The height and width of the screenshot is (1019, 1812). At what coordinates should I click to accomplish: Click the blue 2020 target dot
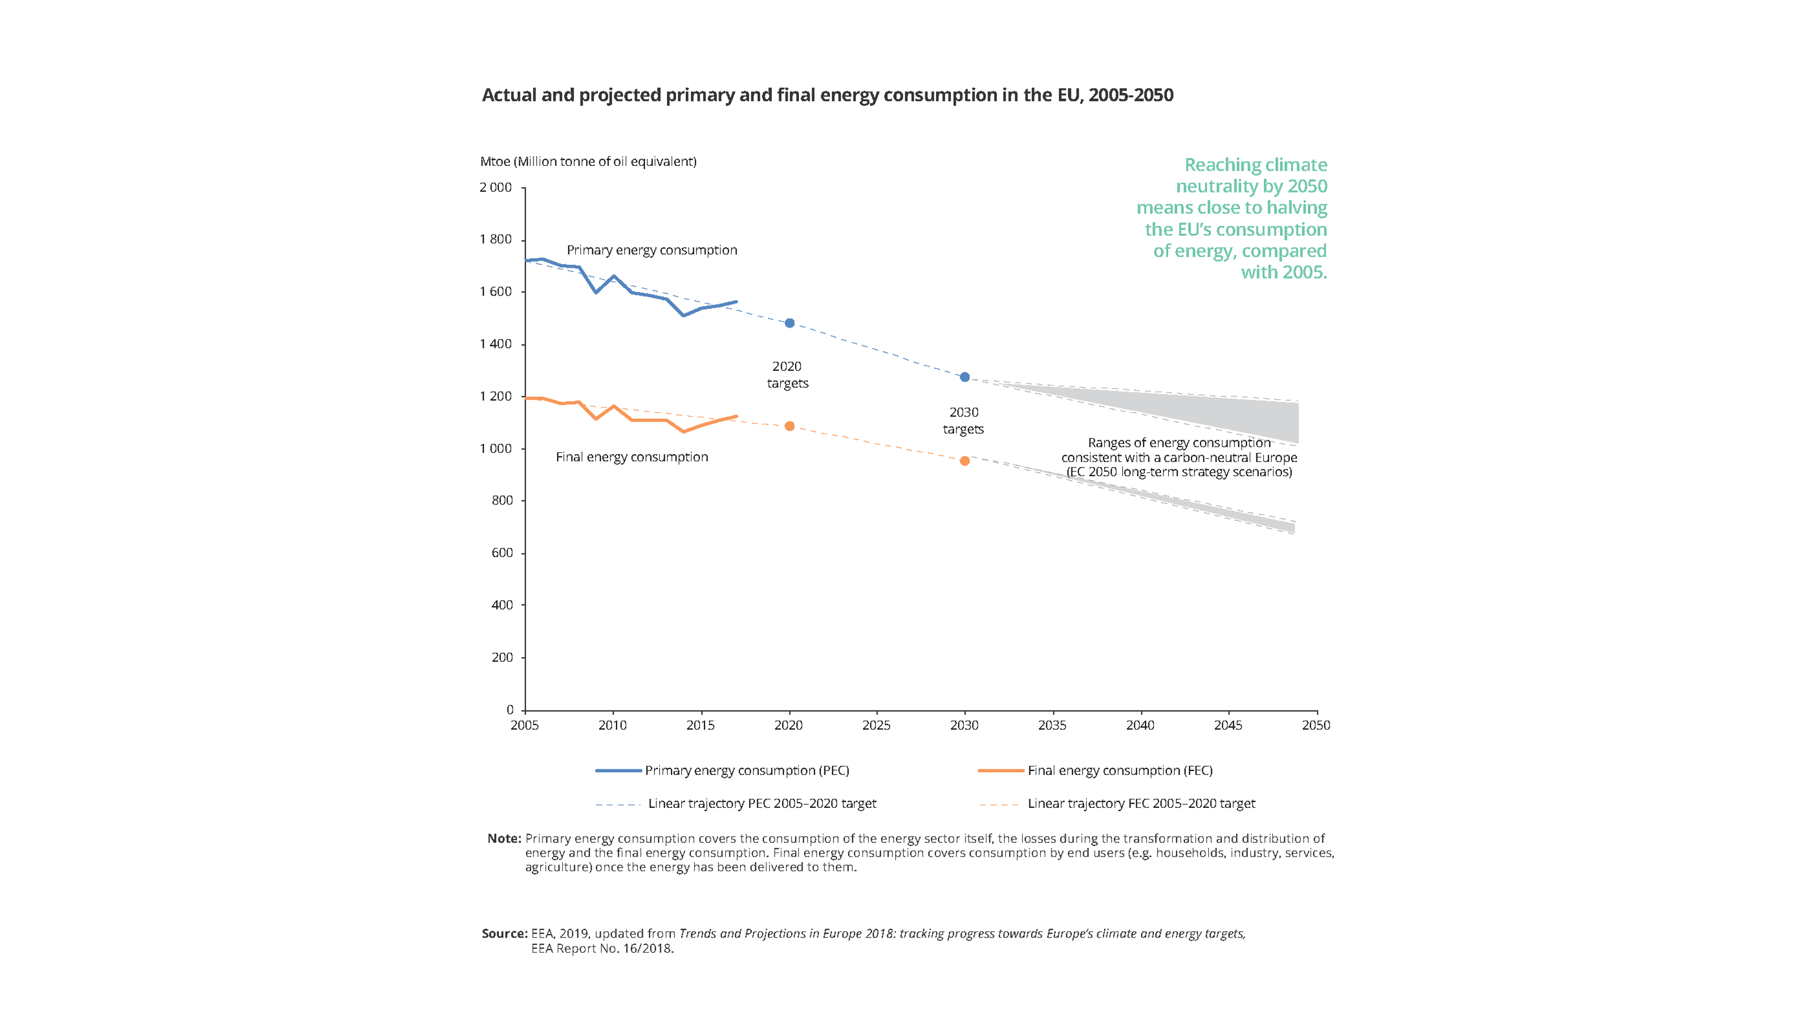coord(789,323)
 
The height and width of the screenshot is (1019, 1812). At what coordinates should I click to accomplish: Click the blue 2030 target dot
coord(964,378)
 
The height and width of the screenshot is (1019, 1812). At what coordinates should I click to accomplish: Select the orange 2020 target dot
coord(789,426)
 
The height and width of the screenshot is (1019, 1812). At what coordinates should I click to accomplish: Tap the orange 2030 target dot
coord(964,461)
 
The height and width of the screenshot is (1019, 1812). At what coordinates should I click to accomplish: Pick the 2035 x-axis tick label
coord(1052,726)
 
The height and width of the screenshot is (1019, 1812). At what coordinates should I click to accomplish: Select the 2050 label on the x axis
coord(1315,726)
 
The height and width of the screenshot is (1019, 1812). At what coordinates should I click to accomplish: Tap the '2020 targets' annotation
coord(787,375)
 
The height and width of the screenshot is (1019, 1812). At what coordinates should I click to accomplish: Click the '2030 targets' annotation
coord(964,421)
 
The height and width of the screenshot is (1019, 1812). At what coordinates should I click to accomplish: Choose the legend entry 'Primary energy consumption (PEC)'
coord(746,770)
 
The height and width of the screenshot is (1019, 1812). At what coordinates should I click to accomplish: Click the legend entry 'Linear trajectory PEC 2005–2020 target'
coord(762,804)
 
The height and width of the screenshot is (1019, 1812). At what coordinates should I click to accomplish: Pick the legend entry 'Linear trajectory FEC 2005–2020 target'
coord(1141,804)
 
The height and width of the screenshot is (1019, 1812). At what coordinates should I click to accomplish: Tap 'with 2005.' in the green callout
coord(1284,272)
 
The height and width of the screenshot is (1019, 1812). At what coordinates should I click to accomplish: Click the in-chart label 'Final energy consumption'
coord(632,457)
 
